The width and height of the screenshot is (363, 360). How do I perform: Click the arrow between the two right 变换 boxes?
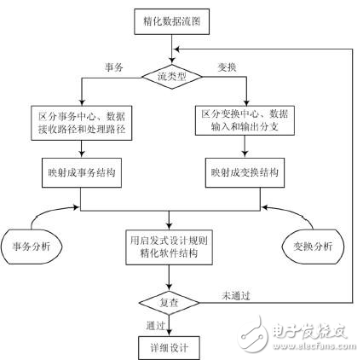pyautogui.click(x=249, y=148)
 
